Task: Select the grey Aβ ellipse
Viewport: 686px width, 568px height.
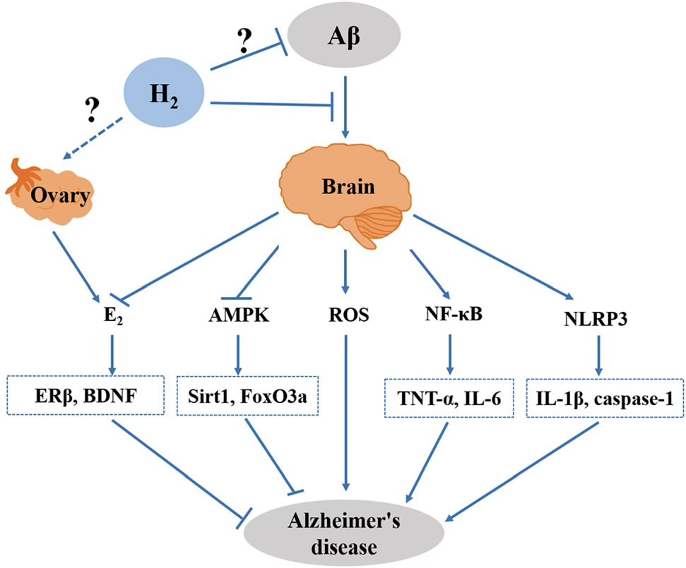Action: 345,33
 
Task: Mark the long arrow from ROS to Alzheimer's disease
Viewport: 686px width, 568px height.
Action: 345,409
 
